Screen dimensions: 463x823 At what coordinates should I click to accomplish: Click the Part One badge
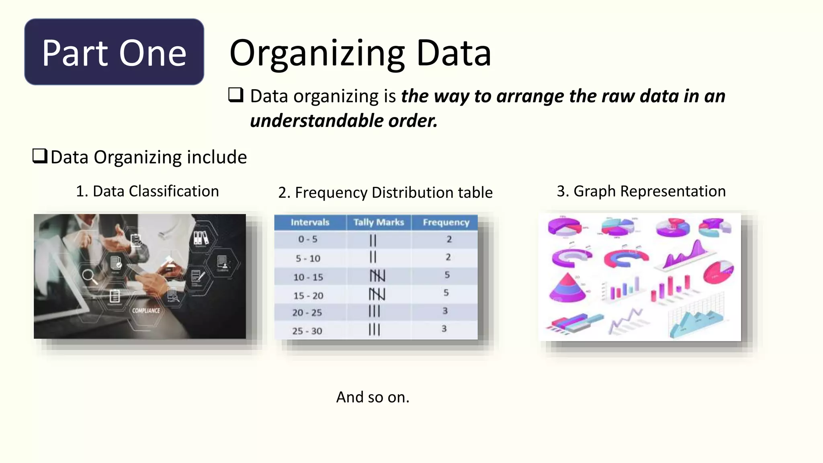114,52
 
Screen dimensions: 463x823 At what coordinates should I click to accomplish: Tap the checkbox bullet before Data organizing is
236,95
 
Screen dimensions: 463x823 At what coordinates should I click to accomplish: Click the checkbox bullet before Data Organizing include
40,156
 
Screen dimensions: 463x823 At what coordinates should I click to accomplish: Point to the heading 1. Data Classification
147,191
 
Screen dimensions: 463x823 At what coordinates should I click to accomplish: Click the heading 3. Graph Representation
641,191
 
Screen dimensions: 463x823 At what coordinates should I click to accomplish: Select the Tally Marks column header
379,222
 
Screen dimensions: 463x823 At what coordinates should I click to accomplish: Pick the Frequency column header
446,222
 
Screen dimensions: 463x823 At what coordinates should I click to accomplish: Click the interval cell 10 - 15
308,277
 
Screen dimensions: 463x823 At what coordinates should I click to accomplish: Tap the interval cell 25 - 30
307,331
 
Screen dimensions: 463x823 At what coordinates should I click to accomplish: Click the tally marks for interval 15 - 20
377,294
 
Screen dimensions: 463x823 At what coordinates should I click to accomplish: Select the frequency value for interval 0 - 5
449,239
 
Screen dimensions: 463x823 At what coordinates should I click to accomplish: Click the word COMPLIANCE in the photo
146,311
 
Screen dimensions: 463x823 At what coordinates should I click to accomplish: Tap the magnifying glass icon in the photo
89,277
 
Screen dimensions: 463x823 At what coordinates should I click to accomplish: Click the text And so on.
373,397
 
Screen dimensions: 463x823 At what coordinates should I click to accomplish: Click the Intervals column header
310,222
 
